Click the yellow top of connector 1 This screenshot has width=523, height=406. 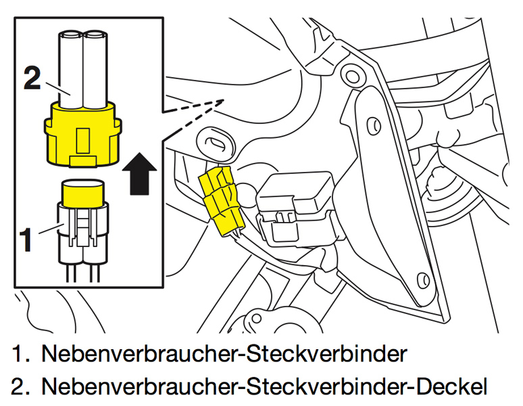click(82, 192)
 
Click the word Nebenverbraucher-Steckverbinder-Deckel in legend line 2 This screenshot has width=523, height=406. click(264, 386)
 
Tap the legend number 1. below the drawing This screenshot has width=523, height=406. click(21, 353)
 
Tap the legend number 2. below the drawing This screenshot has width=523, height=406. click(21, 386)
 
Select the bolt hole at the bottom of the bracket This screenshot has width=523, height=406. click(424, 278)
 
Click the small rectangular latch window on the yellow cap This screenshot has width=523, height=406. click(82, 140)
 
